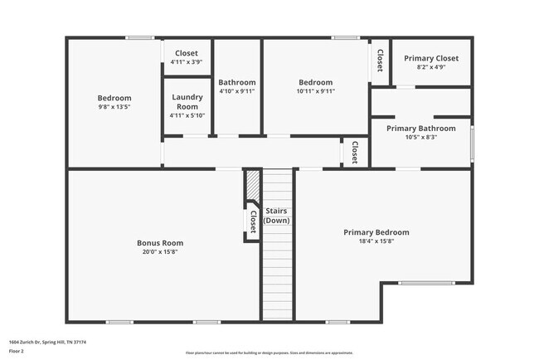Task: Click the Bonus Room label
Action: point(160,243)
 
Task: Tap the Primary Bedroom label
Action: point(376,232)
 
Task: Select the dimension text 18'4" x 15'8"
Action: point(376,242)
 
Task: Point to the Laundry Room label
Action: point(187,102)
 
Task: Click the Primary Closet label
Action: point(431,58)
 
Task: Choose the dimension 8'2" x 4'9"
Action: point(431,67)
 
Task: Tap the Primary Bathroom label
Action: point(420,129)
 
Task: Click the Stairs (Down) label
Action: point(276,216)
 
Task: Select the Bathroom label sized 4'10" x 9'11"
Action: point(237,82)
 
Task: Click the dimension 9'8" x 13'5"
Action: point(114,106)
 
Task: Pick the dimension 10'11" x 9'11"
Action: point(315,92)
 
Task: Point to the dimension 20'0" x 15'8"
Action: point(160,253)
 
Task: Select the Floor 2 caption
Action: point(17,351)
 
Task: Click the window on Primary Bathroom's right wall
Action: point(473,143)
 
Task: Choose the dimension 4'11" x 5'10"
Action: point(187,116)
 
